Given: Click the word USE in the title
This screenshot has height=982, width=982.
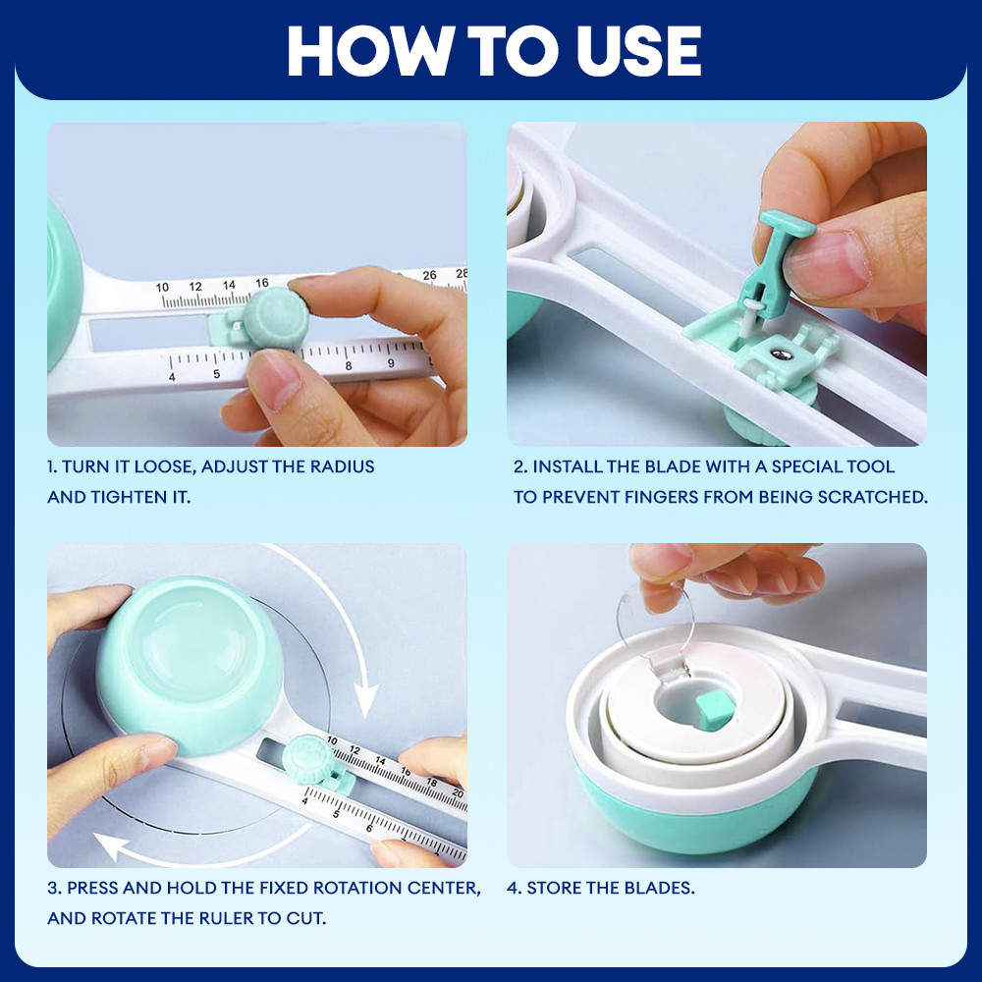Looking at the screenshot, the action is [638, 51].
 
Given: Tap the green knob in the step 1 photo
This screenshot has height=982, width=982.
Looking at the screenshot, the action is [276, 319].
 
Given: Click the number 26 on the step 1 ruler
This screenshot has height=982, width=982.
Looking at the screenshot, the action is [429, 275].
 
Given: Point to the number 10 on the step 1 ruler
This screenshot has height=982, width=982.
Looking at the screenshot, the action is [162, 288].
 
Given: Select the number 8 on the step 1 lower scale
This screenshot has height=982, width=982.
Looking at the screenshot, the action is [349, 365].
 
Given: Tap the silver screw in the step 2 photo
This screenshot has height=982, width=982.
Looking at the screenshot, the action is [781, 355].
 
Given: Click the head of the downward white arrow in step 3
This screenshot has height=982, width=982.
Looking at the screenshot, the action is [365, 699].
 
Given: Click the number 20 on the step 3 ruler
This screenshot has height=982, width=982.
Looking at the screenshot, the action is [458, 794].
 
